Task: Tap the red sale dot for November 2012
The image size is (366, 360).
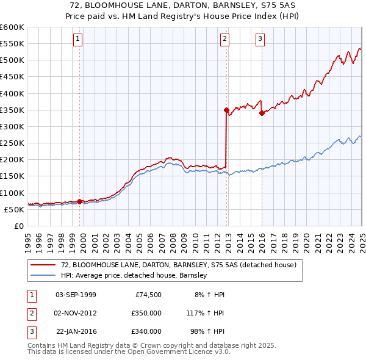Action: (x=226, y=110)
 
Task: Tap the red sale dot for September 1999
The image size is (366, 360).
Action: (x=80, y=201)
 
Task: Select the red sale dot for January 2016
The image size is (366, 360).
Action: (x=262, y=113)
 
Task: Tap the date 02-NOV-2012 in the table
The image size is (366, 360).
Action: (x=76, y=313)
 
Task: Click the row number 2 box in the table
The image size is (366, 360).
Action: (x=31, y=313)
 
